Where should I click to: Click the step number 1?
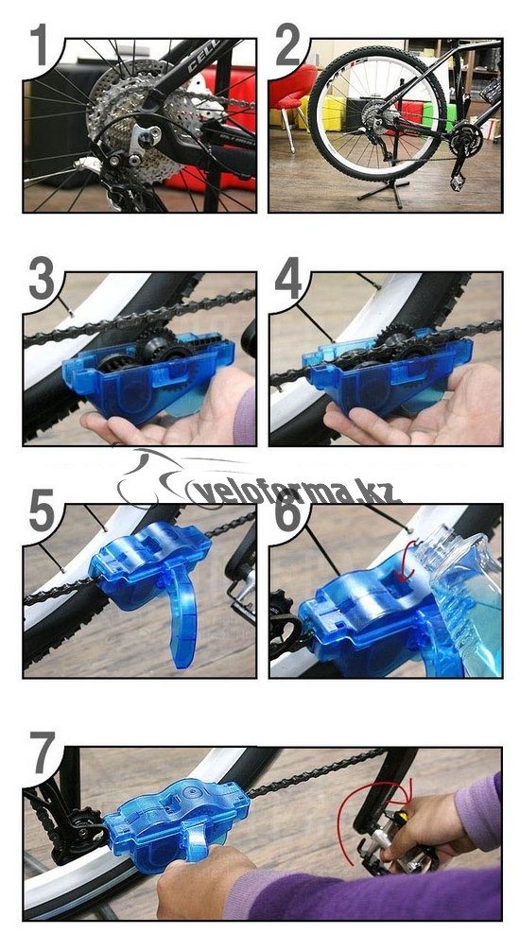pos(40,44)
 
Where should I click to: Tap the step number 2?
pos(287,44)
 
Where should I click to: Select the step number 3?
pos(42,278)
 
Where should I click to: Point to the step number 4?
pos(288,278)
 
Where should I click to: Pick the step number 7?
pos(44,752)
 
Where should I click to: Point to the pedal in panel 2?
pos(455,182)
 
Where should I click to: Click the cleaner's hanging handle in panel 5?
pos(180,613)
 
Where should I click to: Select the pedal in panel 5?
pos(240,598)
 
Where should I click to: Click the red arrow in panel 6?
pos(407,561)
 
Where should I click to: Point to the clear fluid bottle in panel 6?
pos(466,600)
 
